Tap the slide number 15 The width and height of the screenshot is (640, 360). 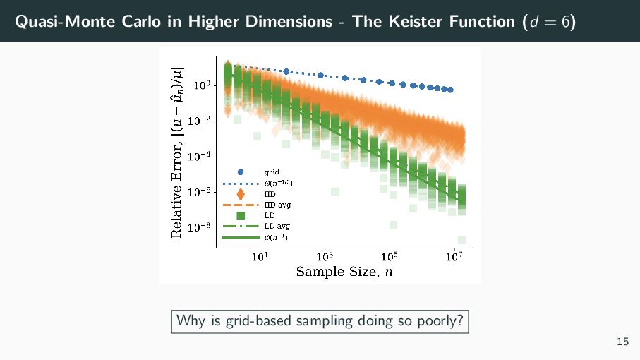tap(622, 342)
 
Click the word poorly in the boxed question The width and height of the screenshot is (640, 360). tap(439, 321)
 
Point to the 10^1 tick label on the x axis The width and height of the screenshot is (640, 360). tap(259, 256)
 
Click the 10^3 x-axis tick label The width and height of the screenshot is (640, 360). tap(325, 256)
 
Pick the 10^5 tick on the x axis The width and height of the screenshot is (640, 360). tap(389, 256)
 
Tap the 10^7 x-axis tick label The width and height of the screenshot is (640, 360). tap(454, 256)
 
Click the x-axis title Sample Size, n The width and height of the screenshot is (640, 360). tap(344, 272)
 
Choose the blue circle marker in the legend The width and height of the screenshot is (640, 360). tap(241, 172)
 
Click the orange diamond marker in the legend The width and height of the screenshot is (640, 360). tap(241, 193)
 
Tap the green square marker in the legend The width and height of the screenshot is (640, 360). tap(241, 215)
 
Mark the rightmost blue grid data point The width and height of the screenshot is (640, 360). tap(450, 90)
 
